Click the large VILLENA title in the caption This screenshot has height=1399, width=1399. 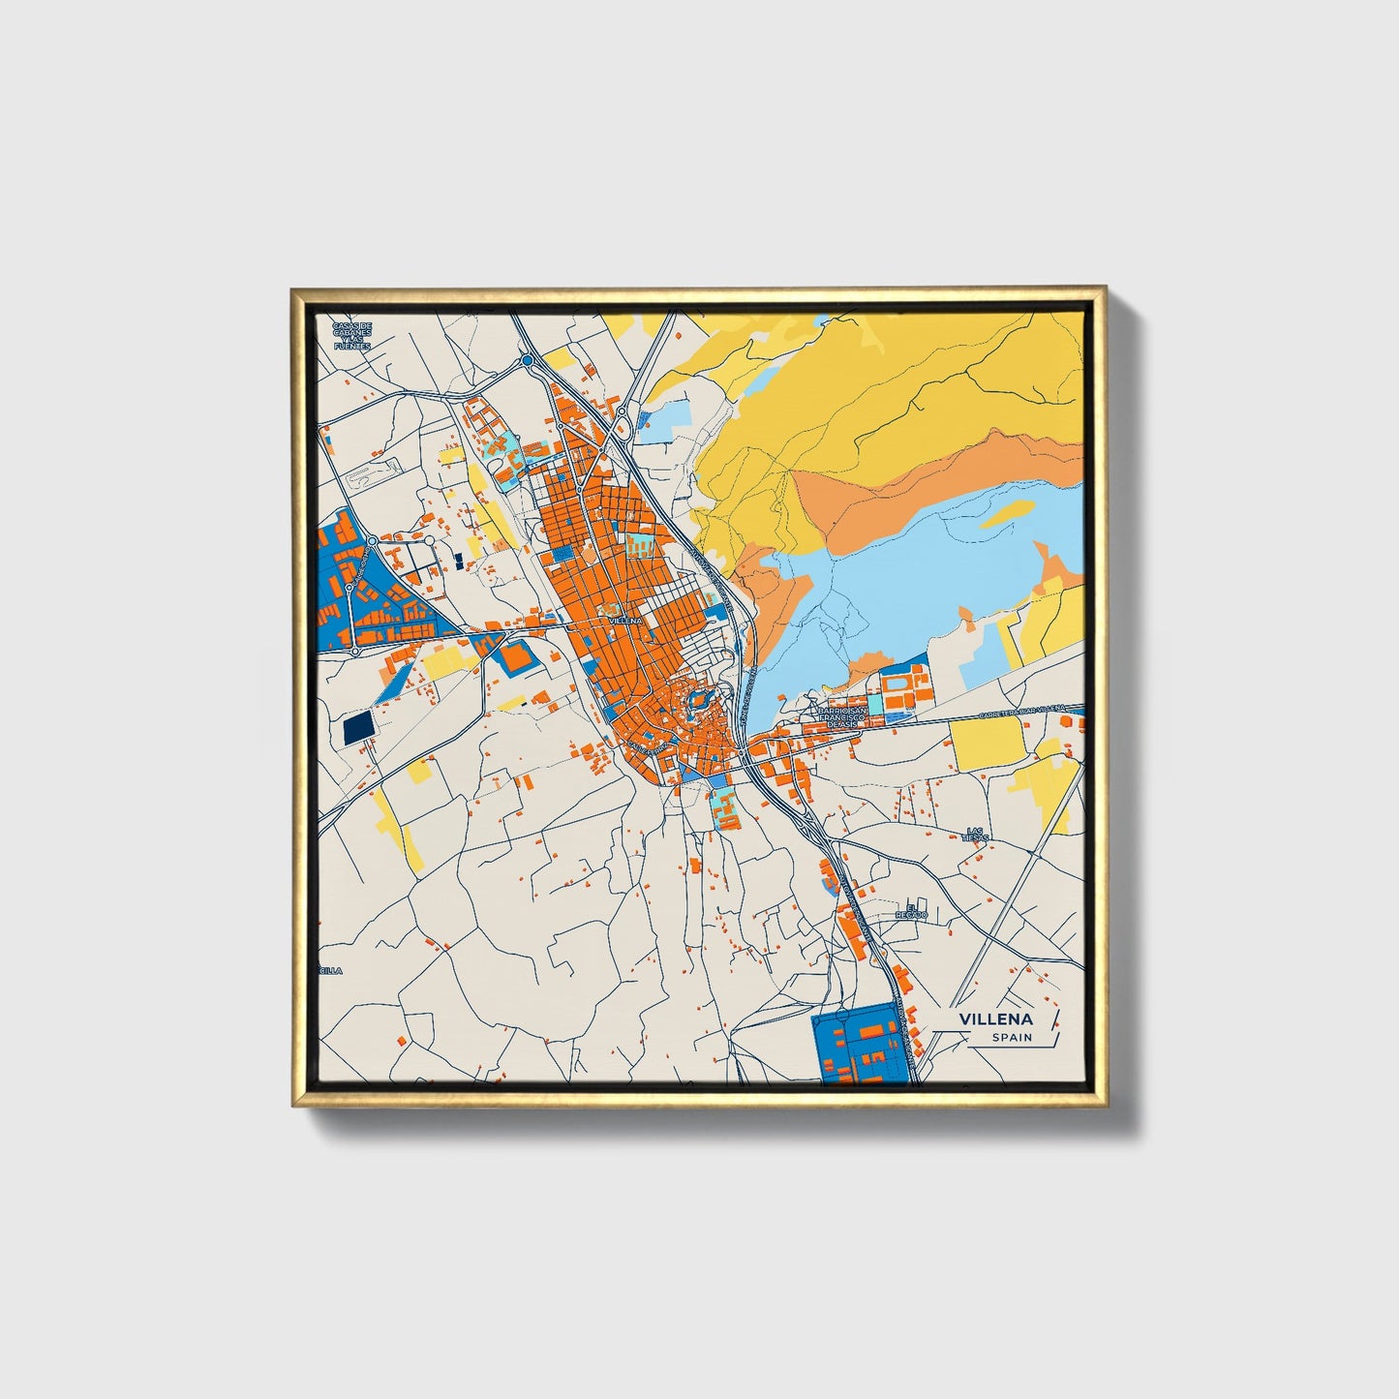point(996,1019)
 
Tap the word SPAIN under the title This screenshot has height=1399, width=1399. point(1011,1038)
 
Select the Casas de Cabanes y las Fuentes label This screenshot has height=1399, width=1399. point(351,335)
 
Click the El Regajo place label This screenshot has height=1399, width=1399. point(910,911)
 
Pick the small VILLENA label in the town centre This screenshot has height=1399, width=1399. point(625,620)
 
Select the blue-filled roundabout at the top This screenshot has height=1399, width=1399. point(527,361)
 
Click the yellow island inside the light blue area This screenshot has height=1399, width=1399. point(1006,513)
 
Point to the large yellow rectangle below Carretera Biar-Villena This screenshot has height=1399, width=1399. point(987,740)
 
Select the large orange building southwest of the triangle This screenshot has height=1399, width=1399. point(515,657)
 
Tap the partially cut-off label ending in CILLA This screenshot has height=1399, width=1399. point(330,969)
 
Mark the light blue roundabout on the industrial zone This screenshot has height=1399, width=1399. point(372,539)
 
